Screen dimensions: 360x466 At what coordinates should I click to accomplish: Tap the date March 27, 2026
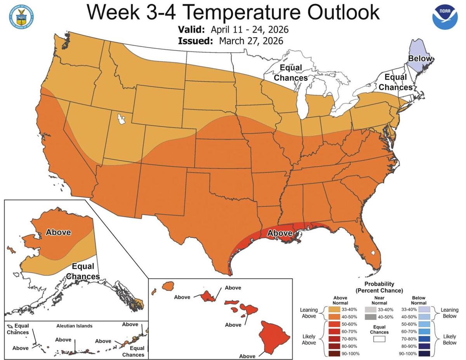coord(251,41)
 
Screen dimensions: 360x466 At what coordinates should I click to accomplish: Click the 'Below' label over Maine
coord(420,59)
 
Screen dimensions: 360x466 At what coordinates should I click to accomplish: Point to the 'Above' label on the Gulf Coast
coord(280,233)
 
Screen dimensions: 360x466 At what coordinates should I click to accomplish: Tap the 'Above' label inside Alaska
coord(58,232)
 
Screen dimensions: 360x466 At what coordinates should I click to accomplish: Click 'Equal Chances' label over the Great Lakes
coord(290,73)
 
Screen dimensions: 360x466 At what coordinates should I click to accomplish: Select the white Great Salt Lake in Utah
coord(122,118)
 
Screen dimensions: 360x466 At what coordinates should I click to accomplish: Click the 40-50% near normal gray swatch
coord(371,317)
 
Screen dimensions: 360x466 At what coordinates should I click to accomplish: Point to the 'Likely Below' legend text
coord(450,339)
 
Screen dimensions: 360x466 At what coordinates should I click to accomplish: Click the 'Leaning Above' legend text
coord(309,313)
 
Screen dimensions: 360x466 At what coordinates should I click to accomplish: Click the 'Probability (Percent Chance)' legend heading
coord(379,287)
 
